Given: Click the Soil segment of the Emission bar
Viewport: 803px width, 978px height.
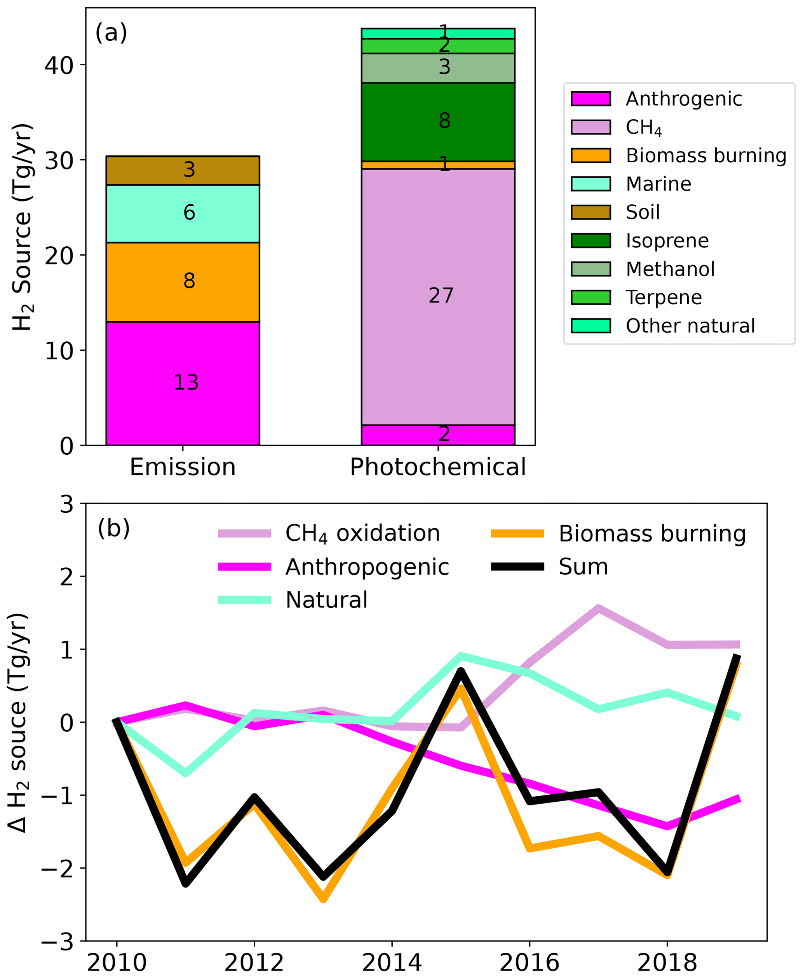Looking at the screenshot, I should (x=183, y=170).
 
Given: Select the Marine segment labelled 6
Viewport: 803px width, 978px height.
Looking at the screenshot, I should (x=183, y=213).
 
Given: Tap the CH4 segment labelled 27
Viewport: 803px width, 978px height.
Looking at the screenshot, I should (x=437, y=296).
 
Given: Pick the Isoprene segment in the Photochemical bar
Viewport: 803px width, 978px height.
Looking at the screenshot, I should (x=437, y=122).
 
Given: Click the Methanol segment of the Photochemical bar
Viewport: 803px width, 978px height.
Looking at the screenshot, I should (x=437, y=68).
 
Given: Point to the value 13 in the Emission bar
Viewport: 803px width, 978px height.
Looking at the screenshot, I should (x=186, y=383).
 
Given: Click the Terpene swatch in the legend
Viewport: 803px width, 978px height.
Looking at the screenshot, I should (x=590, y=298).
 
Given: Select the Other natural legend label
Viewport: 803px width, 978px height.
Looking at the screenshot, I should (x=690, y=326).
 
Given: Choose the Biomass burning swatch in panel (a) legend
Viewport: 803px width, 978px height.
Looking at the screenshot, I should (x=590, y=155).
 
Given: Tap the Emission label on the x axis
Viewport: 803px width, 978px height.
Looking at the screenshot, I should (x=183, y=467).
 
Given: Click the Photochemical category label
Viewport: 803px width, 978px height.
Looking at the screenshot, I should (x=437, y=467).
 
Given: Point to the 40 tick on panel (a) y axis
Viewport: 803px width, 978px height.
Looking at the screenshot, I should (x=59, y=66).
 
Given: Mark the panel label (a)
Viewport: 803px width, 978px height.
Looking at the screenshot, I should (x=111, y=33).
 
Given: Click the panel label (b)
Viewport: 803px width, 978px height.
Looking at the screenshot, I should (x=114, y=529).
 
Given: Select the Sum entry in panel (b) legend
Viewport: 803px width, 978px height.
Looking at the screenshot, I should (x=583, y=567).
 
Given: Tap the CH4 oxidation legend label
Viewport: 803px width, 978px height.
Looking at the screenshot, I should (x=362, y=534).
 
